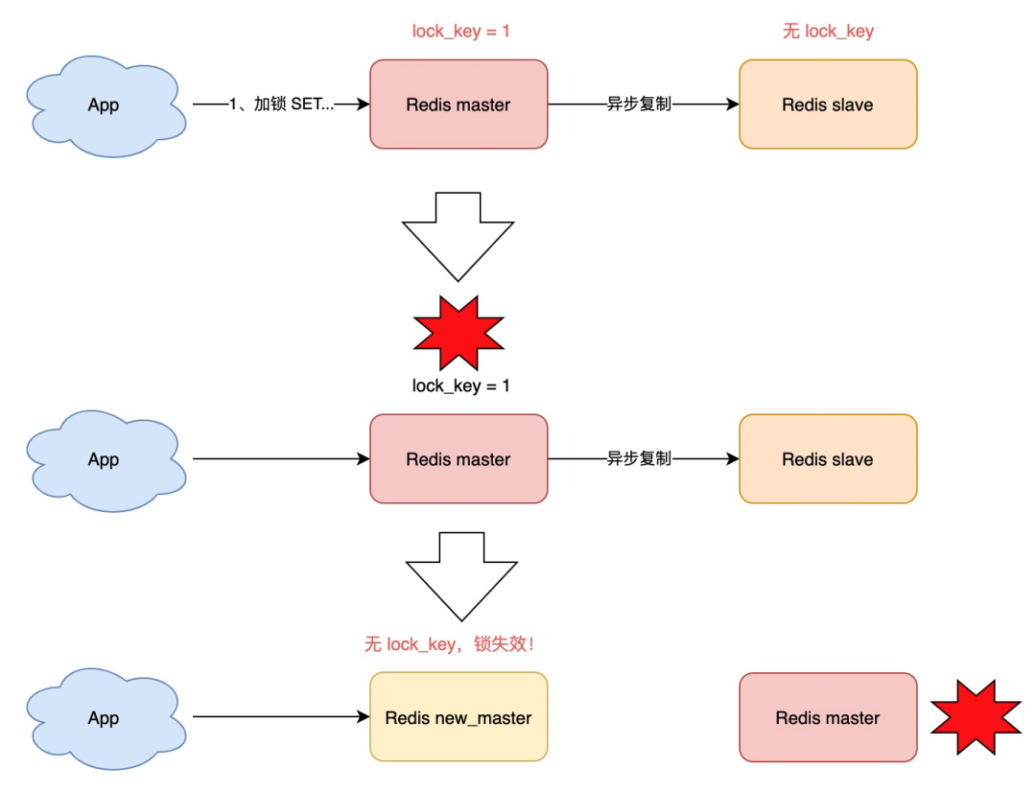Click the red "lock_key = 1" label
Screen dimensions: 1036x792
click(460, 31)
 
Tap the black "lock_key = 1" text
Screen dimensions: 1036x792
click(460, 385)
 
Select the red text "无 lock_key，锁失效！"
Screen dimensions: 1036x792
click(449, 643)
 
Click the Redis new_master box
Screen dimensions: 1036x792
click(459, 716)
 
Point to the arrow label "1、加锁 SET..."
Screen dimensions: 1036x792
click(281, 104)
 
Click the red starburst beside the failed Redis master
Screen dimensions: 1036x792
click(976, 716)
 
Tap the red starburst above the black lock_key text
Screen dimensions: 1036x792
click(459, 333)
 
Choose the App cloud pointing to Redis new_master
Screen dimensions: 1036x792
click(106, 719)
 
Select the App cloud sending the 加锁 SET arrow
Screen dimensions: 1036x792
click(106, 106)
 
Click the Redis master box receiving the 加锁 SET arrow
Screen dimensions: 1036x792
click(459, 105)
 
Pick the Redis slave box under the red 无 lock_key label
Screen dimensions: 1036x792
click(828, 105)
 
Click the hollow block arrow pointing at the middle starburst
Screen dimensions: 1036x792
click(458, 237)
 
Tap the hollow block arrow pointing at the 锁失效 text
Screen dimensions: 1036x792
click(461, 576)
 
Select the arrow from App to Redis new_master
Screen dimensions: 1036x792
click(281, 716)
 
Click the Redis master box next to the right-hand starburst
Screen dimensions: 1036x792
click(828, 717)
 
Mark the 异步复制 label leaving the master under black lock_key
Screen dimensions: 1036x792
click(639, 458)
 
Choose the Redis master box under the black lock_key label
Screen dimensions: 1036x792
click(459, 459)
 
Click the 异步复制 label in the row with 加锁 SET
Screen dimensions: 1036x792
click(639, 104)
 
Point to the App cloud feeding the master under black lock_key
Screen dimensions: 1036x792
click(106, 461)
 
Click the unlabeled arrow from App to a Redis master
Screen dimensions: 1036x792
click(281, 458)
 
